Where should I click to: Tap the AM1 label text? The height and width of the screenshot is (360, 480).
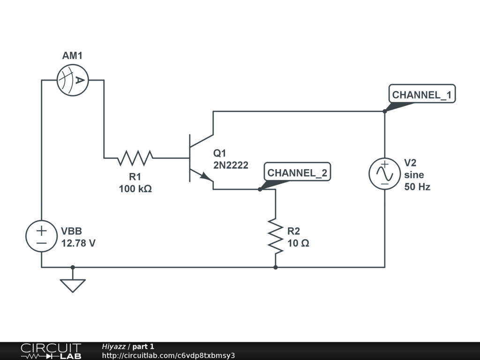click(x=72, y=56)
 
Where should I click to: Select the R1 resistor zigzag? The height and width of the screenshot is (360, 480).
click(x=135, y=158)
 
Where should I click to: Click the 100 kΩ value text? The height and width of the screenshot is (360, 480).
click(x=135, y=189)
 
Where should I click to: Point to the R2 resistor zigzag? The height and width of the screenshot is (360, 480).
click(x=276, y=236)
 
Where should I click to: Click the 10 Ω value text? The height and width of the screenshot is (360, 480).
click(x=298, y=243)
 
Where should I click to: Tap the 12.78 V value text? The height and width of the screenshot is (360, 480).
click(x=78, y=243)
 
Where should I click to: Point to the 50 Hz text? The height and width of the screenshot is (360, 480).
click(x=417, y=187)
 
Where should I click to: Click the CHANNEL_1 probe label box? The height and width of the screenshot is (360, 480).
click(x=422, y=94)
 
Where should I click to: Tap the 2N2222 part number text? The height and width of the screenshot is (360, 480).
click(x=231, y=165)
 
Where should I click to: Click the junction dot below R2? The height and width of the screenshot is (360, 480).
click(x=276, y=267)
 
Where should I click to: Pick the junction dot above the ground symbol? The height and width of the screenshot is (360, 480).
click(x=73, y=267)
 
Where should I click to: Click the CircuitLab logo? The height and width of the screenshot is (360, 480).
click(x=51, y=351)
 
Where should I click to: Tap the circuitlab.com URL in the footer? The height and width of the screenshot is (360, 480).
click(x=168, y=355)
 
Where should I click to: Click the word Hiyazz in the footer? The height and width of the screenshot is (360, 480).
click(x=113, y=346)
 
